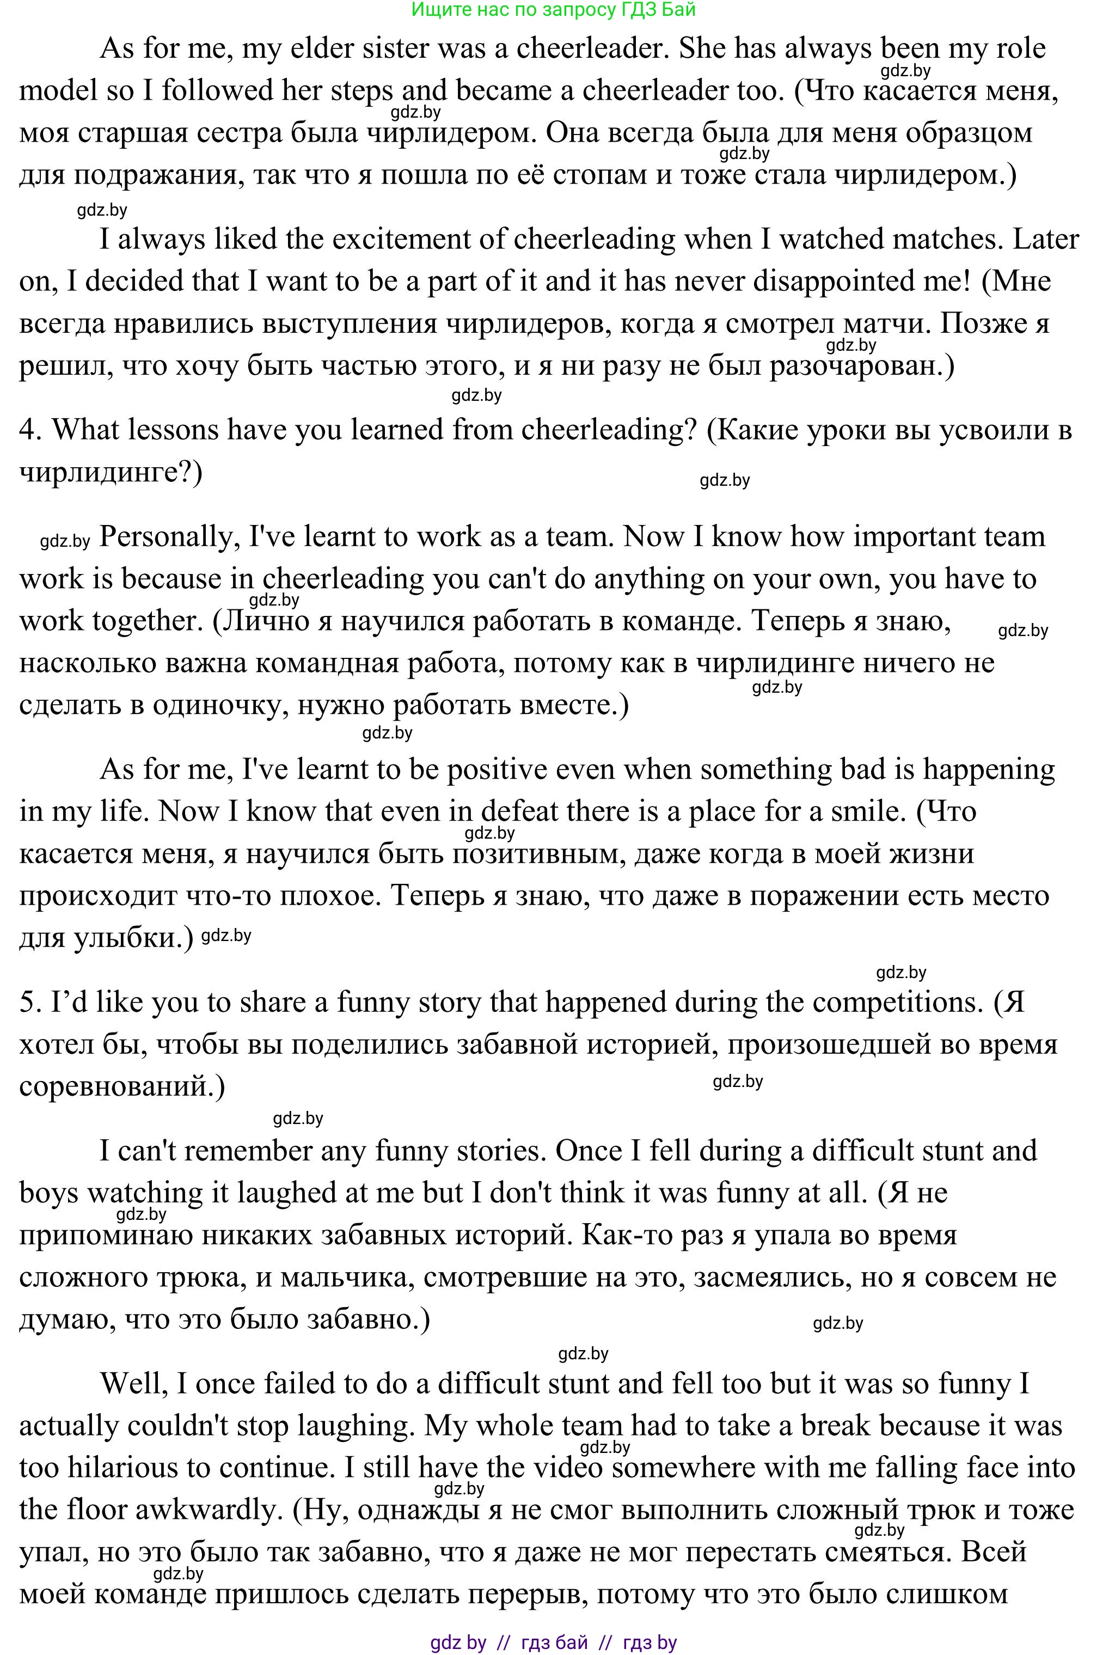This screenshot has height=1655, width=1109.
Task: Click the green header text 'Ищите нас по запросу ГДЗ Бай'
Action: click(553, 9)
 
